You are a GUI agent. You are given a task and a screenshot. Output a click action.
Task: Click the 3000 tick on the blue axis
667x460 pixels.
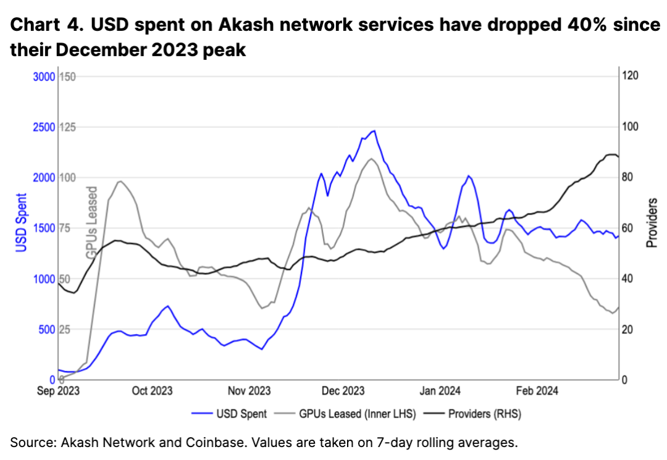pos(43,77)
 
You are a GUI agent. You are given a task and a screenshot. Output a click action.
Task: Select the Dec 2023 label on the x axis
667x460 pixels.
pos(344,391)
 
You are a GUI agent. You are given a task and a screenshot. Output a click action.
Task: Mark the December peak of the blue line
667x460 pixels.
pos(373,131)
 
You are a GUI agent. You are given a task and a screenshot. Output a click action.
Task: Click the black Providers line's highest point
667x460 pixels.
pos(611,154)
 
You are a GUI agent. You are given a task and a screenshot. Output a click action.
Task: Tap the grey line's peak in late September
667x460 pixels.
pos(120,182)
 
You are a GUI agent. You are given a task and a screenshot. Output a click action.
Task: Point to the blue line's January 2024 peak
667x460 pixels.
pos(468,176)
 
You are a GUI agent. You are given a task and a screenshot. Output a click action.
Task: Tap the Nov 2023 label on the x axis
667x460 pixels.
pos(249,391)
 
